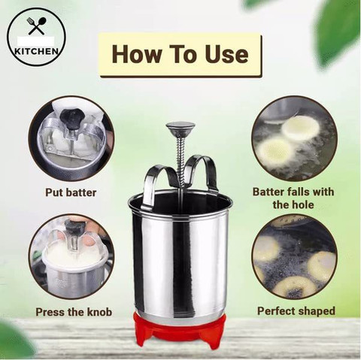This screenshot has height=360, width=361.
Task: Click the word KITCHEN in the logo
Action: coord(37,51)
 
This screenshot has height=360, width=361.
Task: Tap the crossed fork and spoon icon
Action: coord(36,26)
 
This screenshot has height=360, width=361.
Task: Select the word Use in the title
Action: coord(227,54)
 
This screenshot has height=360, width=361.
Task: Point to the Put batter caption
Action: coord(71,192)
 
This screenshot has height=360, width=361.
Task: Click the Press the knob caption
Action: coord(74,312)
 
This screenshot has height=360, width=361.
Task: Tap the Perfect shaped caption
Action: coord(296,311)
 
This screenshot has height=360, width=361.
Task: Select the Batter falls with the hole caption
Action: coord(293,198)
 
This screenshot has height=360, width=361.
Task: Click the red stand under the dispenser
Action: coord(180,330)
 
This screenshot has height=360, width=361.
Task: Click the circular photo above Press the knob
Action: coord(71,257)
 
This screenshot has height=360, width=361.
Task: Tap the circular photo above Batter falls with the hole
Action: coord(293,138)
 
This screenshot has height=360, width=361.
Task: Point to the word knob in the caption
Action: coord(99,312)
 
